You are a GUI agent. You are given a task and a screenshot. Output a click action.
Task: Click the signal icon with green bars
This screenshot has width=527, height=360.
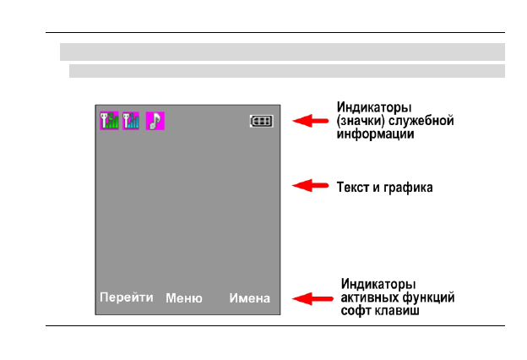[110, 121]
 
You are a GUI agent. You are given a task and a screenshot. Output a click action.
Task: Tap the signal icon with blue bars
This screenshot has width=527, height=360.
[131, 121]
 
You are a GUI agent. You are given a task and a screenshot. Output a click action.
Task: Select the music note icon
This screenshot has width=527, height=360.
[155, 121]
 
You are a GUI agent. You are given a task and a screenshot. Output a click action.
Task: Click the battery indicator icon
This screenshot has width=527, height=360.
[261, 121]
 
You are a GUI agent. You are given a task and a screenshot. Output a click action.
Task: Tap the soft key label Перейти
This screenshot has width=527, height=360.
[127, 297]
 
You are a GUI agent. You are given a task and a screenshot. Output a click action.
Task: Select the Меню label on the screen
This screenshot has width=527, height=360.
[184, 297]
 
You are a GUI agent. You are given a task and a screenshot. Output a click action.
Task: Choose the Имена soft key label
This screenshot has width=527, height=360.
[250, 297]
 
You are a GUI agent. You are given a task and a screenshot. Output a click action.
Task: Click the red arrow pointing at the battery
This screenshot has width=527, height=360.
[309, 121]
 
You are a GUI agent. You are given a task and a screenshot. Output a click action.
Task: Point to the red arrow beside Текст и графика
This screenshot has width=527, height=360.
[309, 185]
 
